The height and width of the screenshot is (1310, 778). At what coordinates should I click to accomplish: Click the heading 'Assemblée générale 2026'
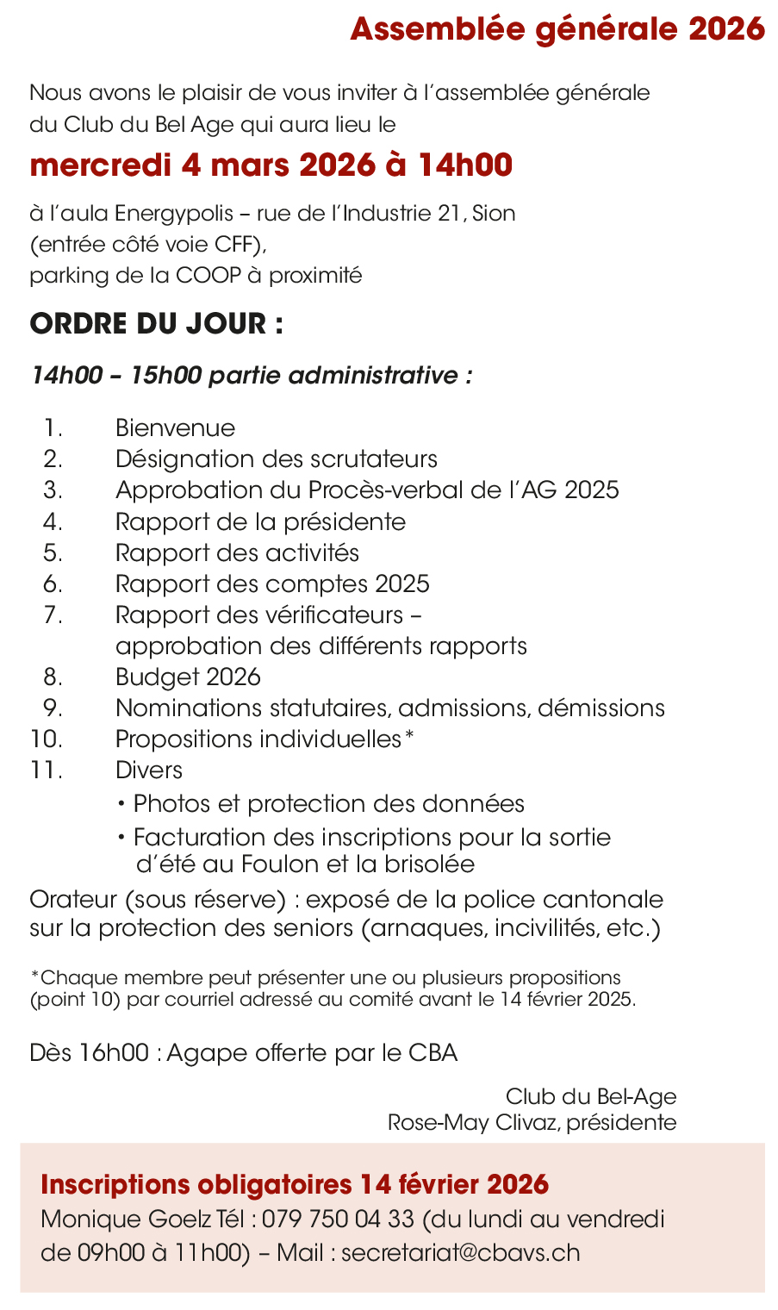(557, 29)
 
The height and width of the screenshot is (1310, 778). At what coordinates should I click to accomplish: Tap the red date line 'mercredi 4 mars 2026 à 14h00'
(271, 165)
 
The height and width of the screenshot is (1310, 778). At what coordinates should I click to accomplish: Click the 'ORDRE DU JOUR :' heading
(156, 324)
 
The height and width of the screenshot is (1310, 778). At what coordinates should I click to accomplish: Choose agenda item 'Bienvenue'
(175, 428)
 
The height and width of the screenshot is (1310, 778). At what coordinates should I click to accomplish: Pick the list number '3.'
(53, 490)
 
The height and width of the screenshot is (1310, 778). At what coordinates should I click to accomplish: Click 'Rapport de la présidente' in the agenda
(260, 521)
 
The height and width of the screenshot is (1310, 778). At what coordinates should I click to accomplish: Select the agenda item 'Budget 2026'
(188, 677)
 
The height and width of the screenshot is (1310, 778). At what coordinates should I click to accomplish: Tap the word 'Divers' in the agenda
(149, 770)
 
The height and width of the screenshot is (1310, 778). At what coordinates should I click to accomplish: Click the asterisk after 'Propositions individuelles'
(409, 736)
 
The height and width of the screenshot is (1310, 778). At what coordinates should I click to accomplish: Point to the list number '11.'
(47, 770)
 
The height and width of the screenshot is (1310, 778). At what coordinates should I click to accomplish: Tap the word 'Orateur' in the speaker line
(72, 900)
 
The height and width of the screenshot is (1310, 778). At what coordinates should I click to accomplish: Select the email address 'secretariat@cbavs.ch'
(460, 1252)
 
